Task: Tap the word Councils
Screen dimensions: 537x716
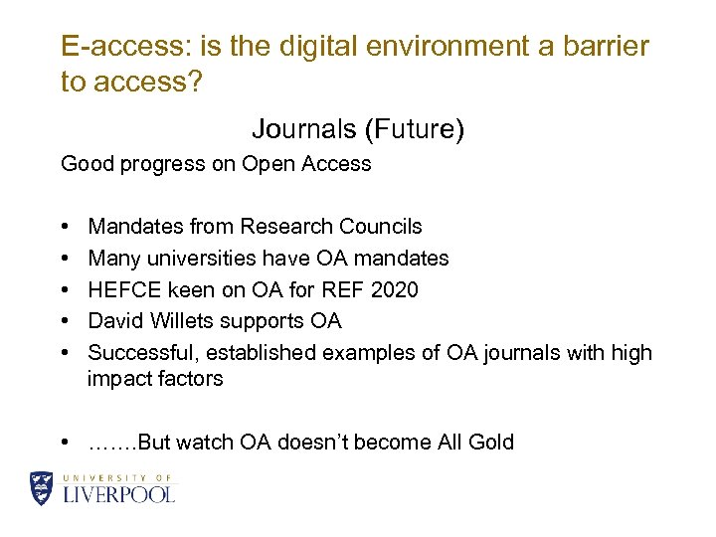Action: pos(385,227)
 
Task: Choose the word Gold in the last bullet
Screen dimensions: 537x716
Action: pos(490,443)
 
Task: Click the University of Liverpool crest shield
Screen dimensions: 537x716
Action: pos(42,488)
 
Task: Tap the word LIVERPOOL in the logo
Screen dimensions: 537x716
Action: pos(119,494)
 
